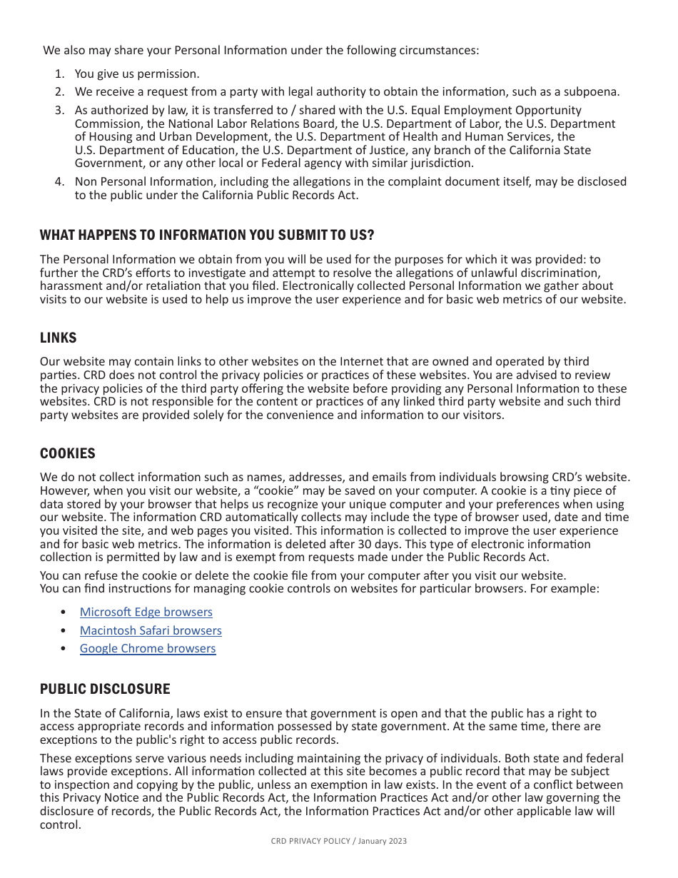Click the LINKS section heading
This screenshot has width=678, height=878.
tap(58, 338)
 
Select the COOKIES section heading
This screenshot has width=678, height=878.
tap(67, 454)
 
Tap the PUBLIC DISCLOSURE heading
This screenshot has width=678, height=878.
tap(105, 690)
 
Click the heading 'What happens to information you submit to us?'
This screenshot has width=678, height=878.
tap(207, 236)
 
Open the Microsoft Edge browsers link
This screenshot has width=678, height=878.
tap(146, 612)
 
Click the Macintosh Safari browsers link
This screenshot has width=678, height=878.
tap(151, 631)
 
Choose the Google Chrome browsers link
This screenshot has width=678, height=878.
tap(148, 649)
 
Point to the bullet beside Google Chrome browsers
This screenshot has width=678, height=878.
tap(64, 649)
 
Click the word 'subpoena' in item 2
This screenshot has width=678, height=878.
tap(594, 92)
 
